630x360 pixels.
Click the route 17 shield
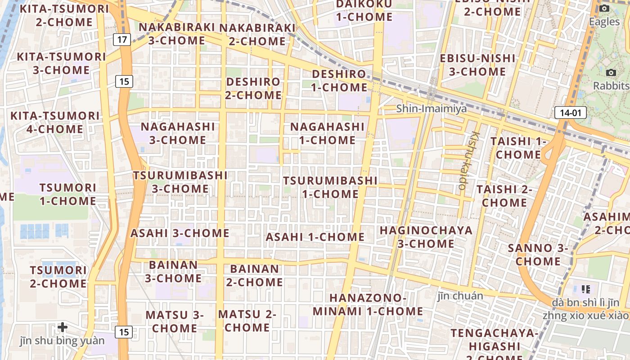(x=122, y=40)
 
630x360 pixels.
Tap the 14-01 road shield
(x=570, y=112)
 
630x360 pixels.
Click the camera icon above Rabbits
(x=611, y=72)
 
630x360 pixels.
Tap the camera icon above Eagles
(x=604, y=8)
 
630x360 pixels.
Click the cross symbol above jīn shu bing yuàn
(x=63, y=327)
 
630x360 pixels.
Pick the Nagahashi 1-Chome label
(x=327, y=133)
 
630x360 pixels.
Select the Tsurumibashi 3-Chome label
(x=180, y=182)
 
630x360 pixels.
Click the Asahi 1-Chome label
(x=315, y=237)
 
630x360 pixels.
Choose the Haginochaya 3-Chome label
(x=426, y=237)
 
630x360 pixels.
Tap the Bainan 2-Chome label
(x=255, y=275)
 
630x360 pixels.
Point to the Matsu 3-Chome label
(x=175, y=321)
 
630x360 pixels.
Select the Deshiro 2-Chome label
(x=253, y=88)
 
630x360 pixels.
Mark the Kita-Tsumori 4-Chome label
(x=55, y=122)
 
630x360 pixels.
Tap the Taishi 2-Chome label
(x=504, y=196)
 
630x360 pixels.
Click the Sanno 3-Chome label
(x=538, y=255)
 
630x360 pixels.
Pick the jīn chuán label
(x=460, y=296)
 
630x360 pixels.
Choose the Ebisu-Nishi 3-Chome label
(x=477, y=65)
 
